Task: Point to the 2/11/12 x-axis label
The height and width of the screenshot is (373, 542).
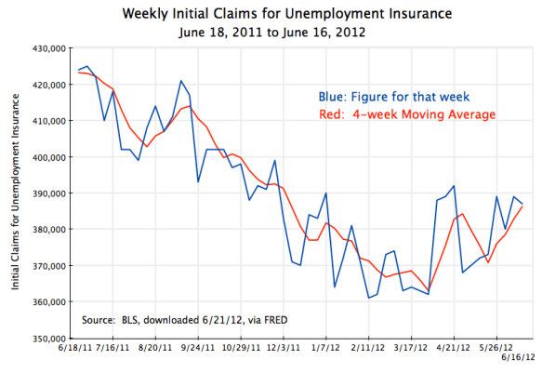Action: click(x=369, y=351)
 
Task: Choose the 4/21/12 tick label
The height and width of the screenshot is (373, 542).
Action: click(x=453, y=351)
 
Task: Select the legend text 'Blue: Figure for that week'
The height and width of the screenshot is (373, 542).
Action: click(x=385, y=95)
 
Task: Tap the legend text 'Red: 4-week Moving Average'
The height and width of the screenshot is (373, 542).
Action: click(x=402, y=113)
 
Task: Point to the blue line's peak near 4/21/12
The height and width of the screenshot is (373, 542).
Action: click(x=453, y=186)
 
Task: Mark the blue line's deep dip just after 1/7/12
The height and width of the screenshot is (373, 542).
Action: click(x=335, y=286)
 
